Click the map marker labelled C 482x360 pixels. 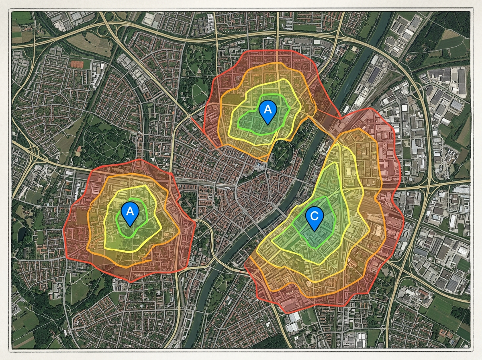click(x=314, y=219)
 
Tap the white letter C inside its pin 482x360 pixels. click(x=314, y=216)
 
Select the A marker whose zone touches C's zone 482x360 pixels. click(x=267, y=112)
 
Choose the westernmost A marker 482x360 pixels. click(x=130, y=213)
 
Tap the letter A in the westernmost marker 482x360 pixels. click(x=130, y=210)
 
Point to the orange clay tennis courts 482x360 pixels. click(x=81, y=63)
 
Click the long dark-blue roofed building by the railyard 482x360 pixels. click(x=376, y=76)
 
